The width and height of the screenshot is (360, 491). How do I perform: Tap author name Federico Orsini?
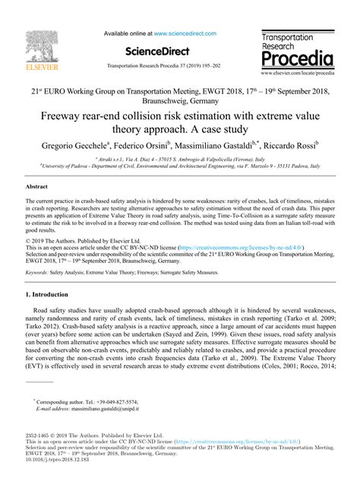pos(158,146)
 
